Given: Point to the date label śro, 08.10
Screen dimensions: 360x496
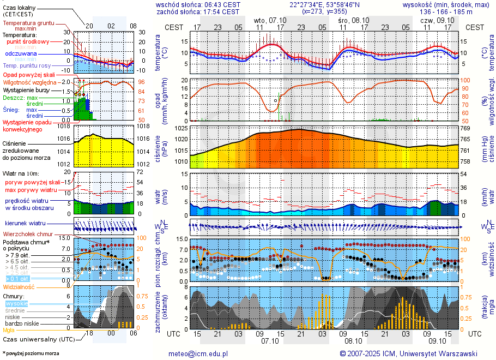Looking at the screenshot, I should [x=353, y=20].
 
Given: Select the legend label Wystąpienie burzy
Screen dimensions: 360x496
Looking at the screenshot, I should [x=25, y=89].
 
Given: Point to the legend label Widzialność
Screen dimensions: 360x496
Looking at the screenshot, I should [x=19, y=286].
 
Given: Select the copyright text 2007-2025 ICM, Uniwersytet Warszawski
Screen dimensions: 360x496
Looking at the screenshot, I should [x=412, y=353].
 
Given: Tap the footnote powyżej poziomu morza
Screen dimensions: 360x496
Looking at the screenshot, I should [x=31, y=353].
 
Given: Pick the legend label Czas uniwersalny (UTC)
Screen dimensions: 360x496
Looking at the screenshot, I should [x=37, y=339].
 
